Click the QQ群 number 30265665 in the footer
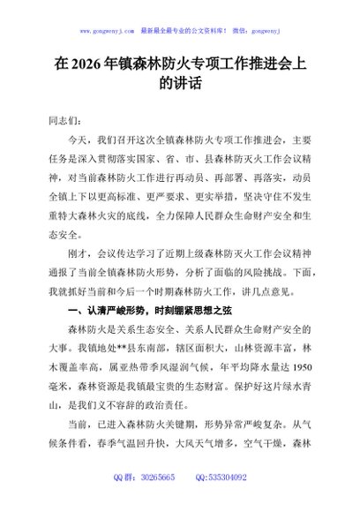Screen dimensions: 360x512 tap(155, 501)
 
